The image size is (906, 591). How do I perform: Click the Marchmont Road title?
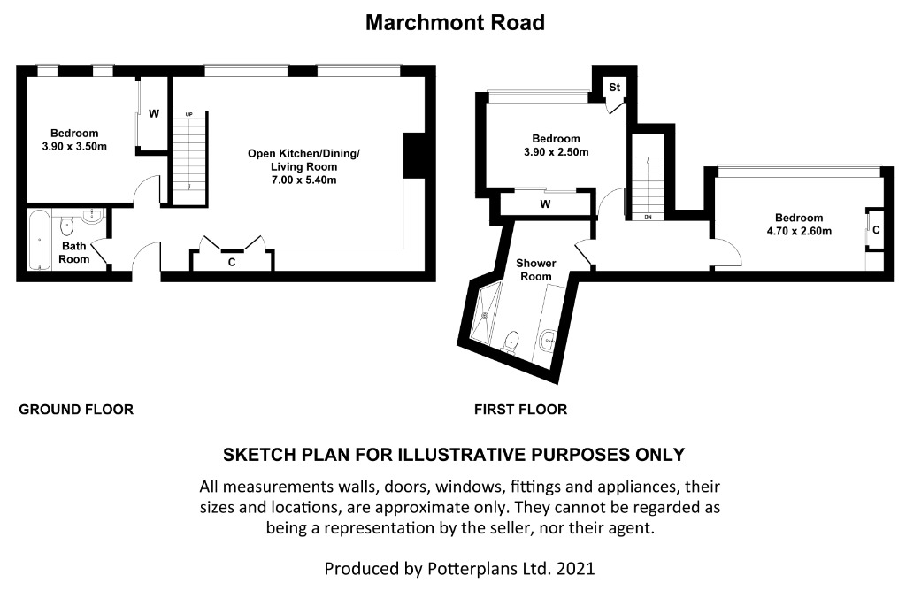click(x=456, y=22)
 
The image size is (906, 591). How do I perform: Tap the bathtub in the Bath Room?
click(x=39, y=240)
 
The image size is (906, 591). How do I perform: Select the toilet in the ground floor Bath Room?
click(x=66, y=227)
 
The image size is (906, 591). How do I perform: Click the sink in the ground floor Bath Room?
click(x=91, y=217)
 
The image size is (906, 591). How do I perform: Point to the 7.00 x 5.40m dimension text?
click(x=304, y=180)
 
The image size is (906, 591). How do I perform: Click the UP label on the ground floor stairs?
click(x=189, y=114)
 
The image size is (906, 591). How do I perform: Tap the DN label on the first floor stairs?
click(x=648, y=217)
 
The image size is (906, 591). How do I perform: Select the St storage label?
click(x=614, y=87)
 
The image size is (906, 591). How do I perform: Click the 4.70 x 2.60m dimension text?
click(x=799, y=231)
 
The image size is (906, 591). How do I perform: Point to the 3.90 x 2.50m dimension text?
click(x=557, y=152)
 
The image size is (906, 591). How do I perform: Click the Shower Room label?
click(x=536, y=270)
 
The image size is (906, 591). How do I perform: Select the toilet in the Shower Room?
click(x=511, y=342)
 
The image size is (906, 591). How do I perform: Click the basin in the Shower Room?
click(x=546, y=342)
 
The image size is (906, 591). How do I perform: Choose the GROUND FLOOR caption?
click(x=76, y=410)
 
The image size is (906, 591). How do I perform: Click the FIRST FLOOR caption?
click(x=520, y=410)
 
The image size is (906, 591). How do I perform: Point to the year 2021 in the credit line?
click(x=575, y=569)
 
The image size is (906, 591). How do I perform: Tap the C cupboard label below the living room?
click(x=232, y=262)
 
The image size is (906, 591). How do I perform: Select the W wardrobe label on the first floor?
click(x=545, y=204)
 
